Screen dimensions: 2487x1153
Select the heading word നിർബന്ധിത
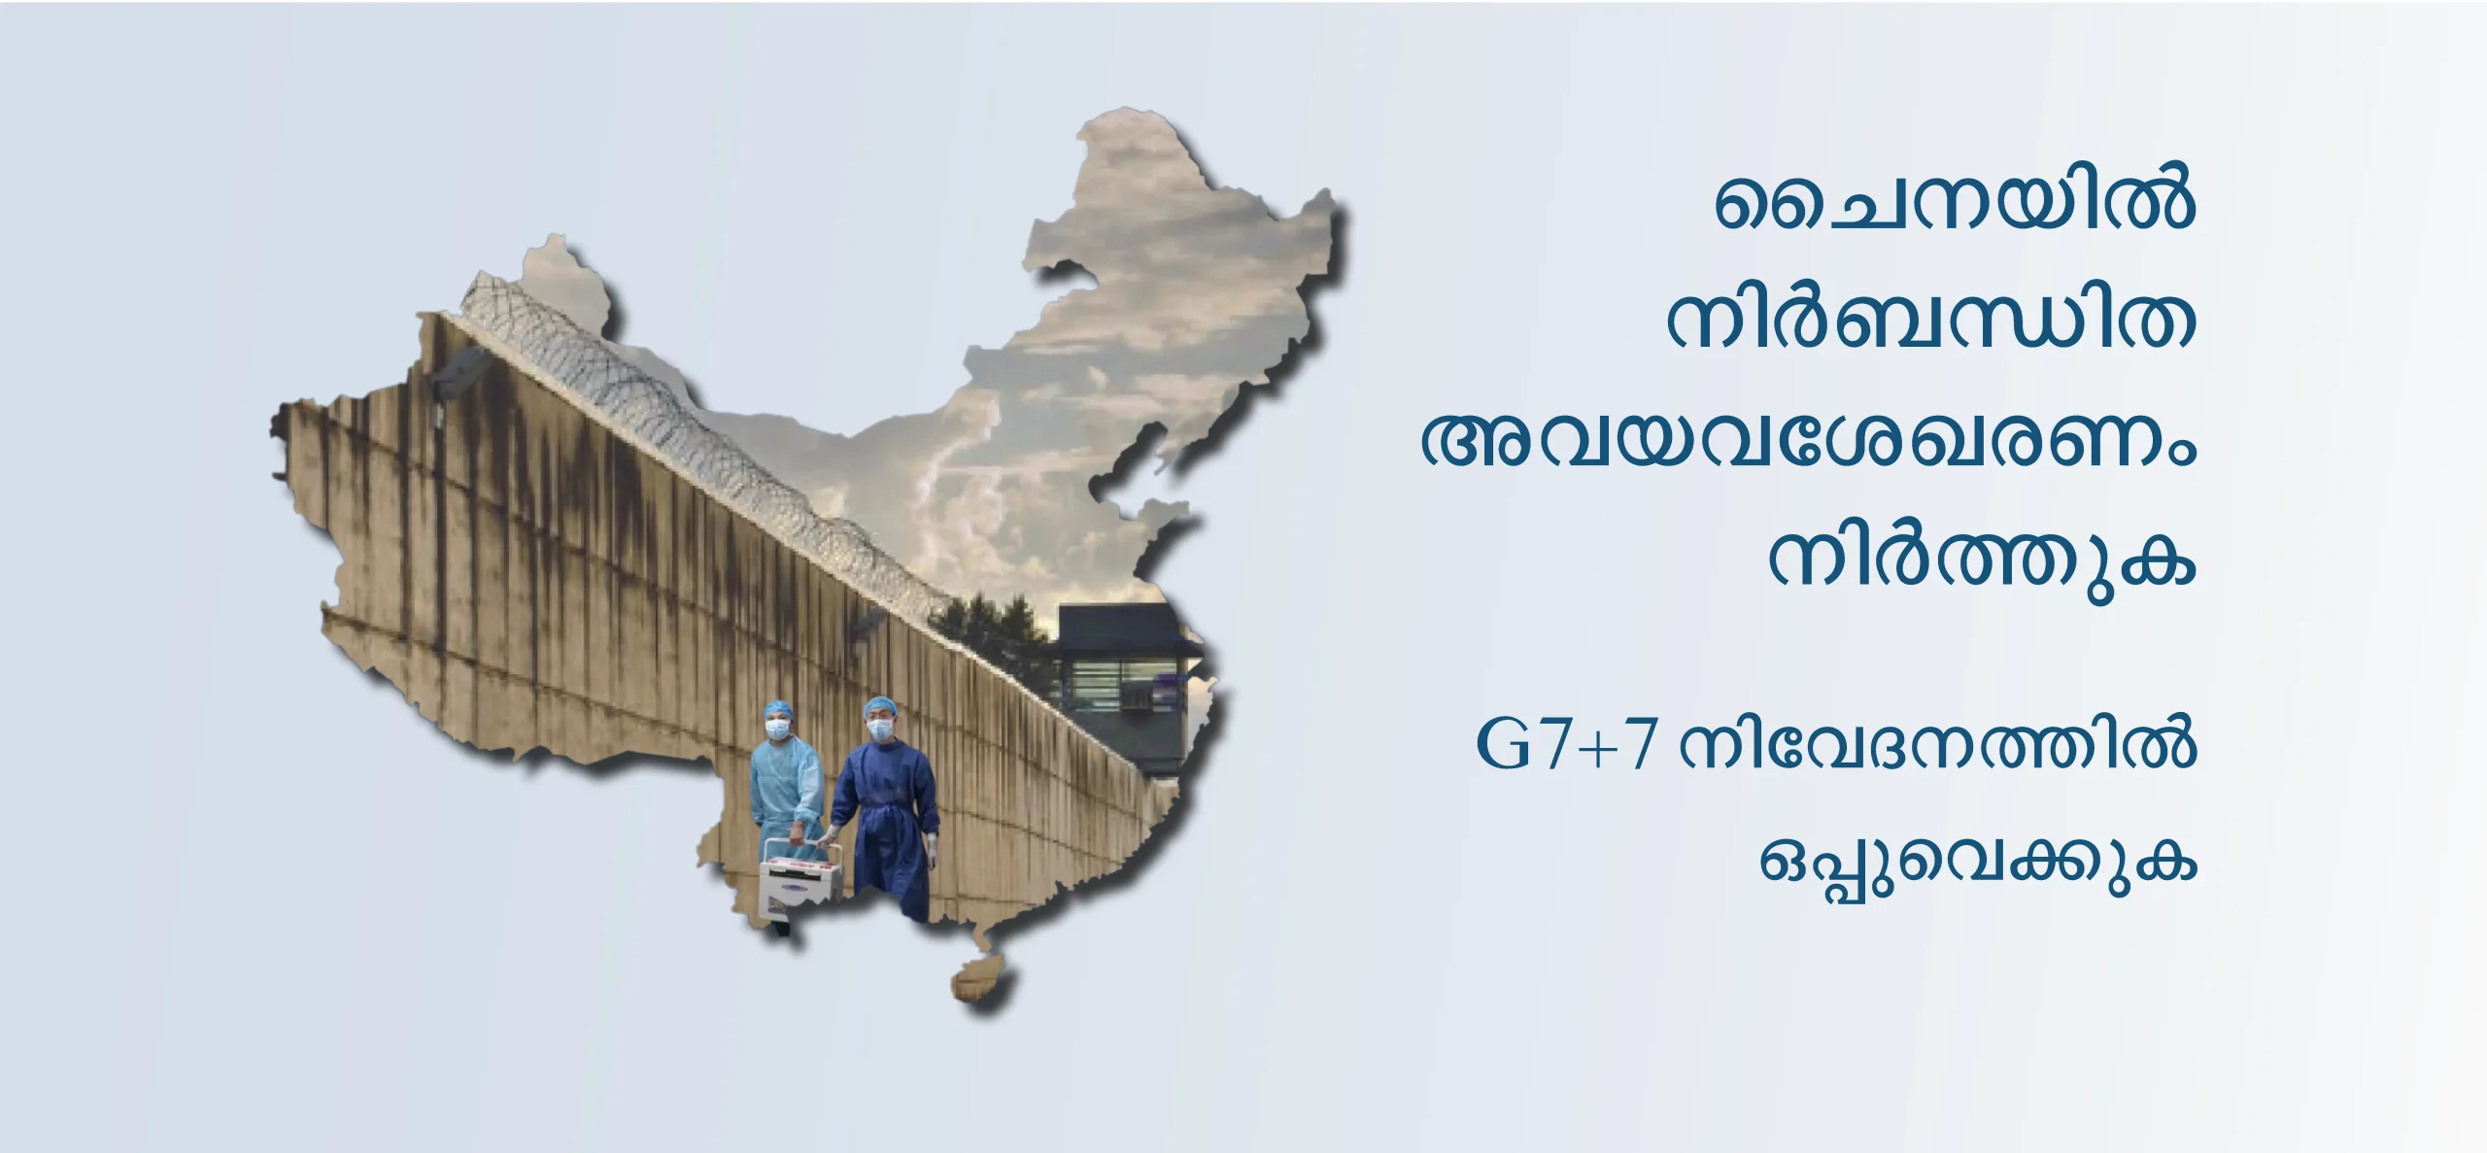[1931, 322]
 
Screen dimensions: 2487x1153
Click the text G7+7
[1565, 745]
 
